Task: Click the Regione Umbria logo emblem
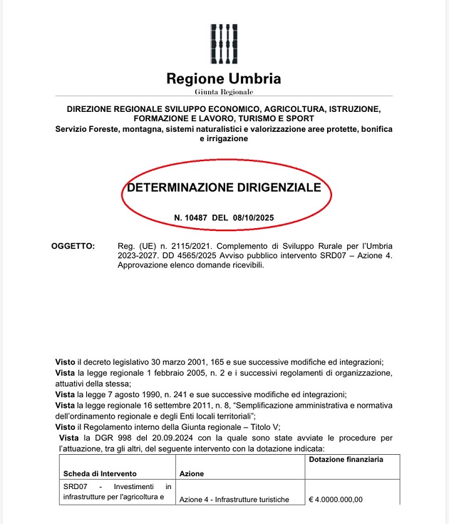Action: [x=224, y=43]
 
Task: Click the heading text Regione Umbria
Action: [x=224, y=78]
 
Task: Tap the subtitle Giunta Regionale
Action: [x=224, y=93]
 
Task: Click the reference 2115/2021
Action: [x=181, y=246]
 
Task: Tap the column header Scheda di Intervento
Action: [x=100, y=473]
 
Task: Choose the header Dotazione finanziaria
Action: [x=345, y=460]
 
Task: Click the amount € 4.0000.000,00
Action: [x=336, y=499]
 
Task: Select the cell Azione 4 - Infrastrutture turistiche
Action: [x=234, y=499]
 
